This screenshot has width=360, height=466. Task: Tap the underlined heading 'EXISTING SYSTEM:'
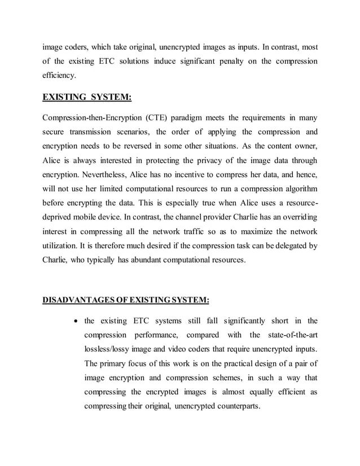(87, 98)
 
